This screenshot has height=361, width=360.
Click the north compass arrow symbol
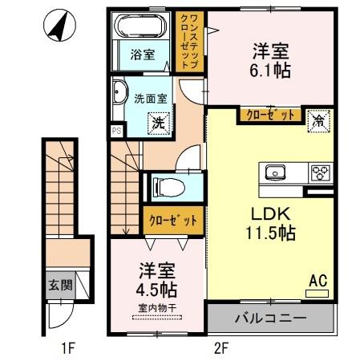tap(58, 27)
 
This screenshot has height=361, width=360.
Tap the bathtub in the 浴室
tap(141, 30)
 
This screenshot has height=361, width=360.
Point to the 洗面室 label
tap(150, 99)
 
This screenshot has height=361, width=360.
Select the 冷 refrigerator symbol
tap(318, 122)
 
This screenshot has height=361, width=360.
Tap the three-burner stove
tap(321, 172)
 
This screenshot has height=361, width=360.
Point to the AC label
tap(318, 281)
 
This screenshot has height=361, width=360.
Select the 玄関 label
tap(59, 285)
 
